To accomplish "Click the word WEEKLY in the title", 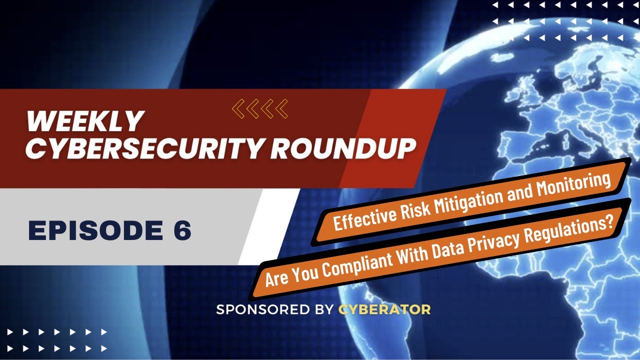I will point(84,121).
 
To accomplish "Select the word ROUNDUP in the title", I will point(344,148).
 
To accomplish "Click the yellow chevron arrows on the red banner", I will point(260,108).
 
